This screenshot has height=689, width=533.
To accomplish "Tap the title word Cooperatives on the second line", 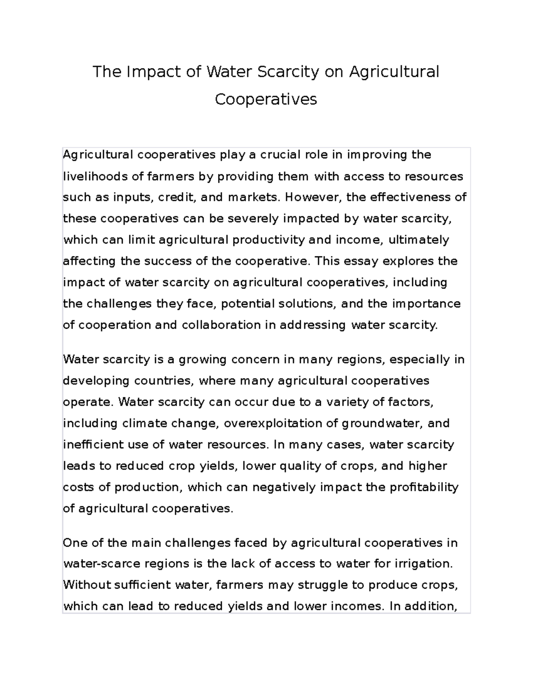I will point(266,99).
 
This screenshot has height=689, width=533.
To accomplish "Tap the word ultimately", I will point(419,240).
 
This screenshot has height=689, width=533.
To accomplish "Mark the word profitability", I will point(424,487).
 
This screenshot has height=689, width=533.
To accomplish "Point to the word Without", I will point(87,585).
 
